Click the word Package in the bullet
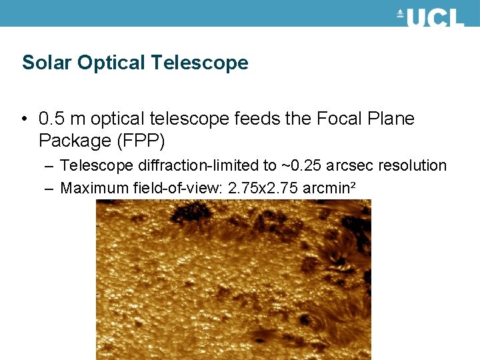(74, 141)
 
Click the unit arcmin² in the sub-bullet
(329, 188)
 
